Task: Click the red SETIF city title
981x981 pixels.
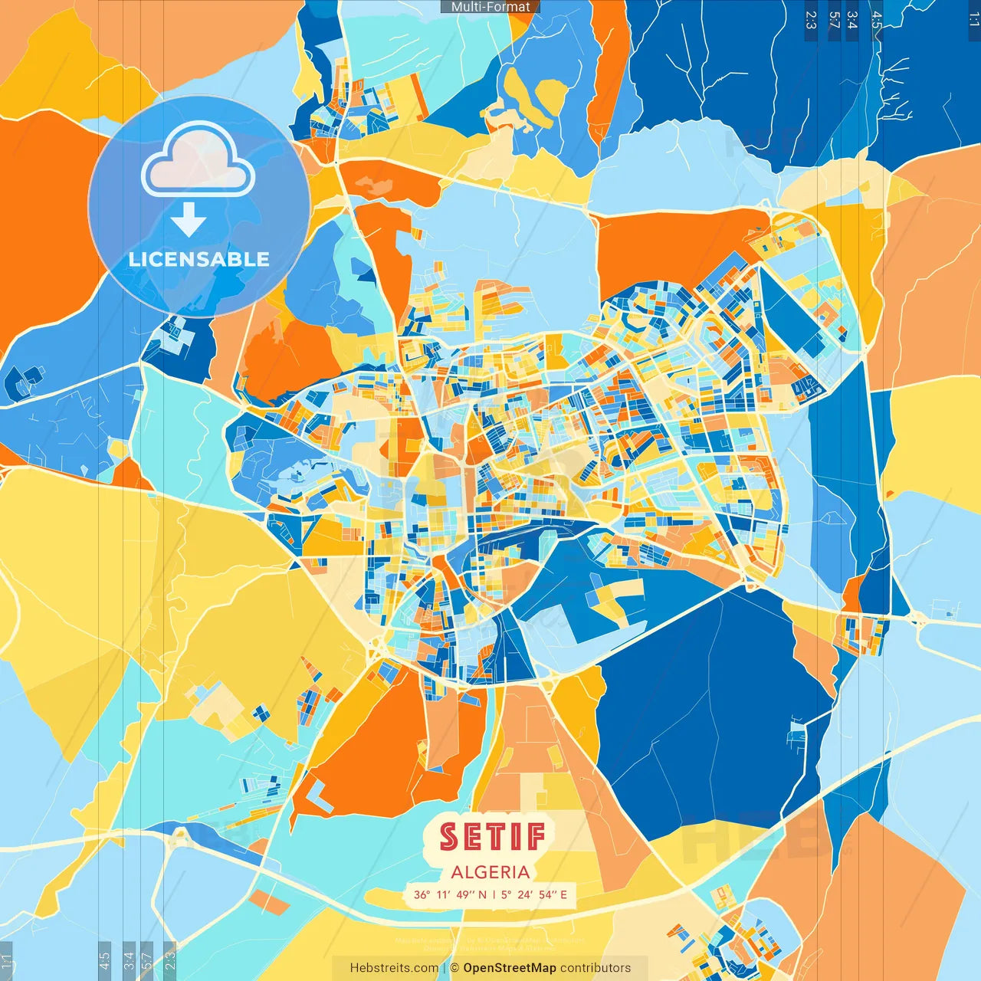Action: [x=491, y=836]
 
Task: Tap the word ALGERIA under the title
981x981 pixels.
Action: [x=490, y=872]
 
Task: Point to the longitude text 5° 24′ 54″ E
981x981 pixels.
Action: [x=535, y=894]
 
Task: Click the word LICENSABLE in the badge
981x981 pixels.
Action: [x=199, y=259]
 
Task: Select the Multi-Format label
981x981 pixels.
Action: [x=490, y=7]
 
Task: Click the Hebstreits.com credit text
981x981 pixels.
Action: [x=394, y=968]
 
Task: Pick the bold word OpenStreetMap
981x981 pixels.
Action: [x=510, y=968]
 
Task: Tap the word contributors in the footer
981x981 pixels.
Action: [x=595, y=968]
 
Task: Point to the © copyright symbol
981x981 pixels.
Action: [x=454, y=968]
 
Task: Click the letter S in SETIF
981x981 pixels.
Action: [x=449, y=836]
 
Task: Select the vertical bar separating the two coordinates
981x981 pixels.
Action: [x=495, y=894]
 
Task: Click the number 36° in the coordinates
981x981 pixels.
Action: [x=422, y=894]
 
